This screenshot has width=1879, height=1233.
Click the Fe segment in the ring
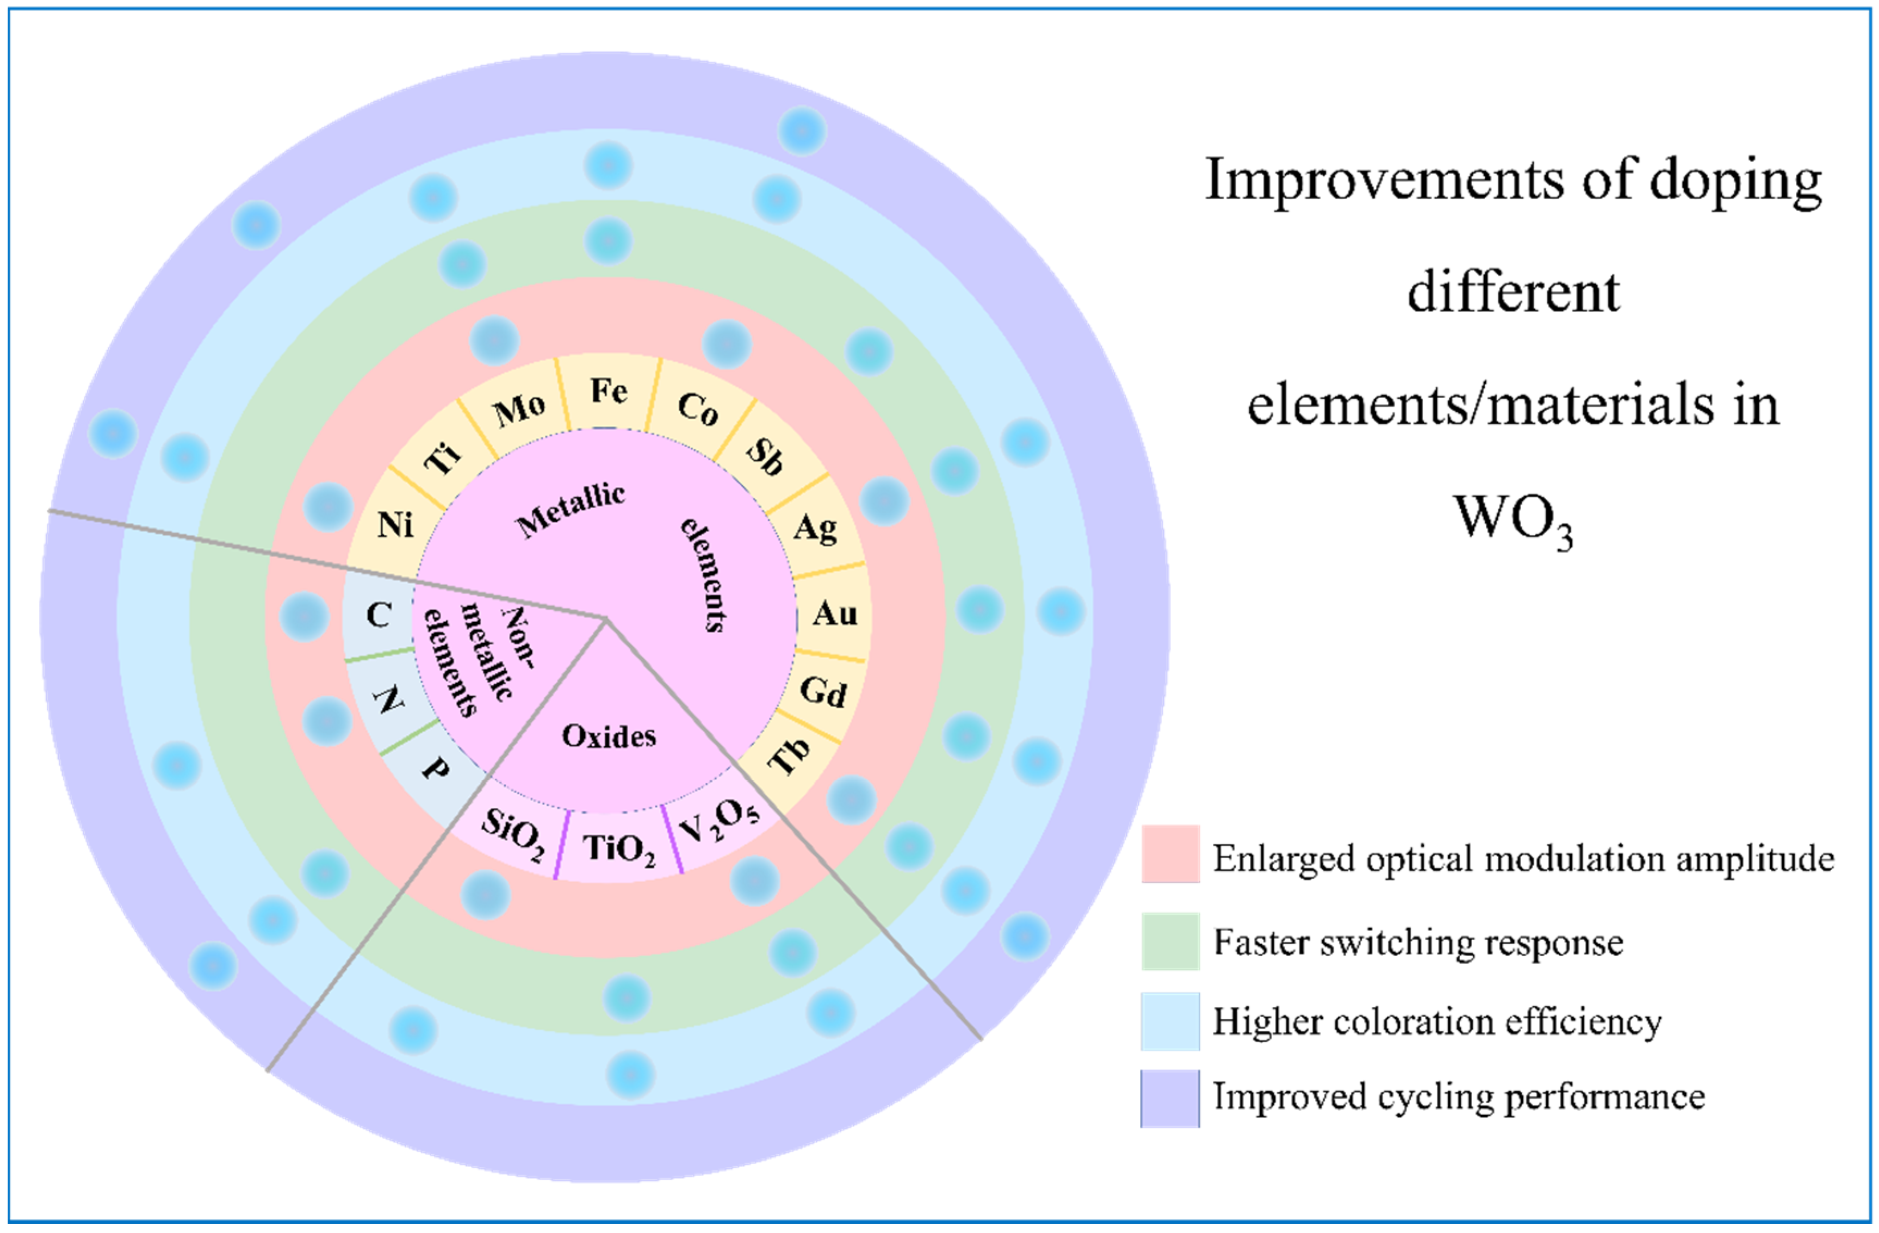point(609,392)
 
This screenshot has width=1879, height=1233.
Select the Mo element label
point(519,410)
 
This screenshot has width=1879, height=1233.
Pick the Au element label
point(834,614)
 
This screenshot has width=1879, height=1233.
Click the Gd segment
point(823,691)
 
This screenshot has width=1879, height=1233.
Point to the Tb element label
point(790,755)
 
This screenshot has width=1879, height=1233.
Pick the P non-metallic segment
point(435,768)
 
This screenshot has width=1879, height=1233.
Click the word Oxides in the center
point(609,736)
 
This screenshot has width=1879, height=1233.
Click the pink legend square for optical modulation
point(1170,854)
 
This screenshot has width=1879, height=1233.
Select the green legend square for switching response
point(1170,941)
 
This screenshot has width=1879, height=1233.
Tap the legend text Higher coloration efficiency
point(1437,1021)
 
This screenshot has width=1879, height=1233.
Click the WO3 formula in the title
point(1512,521)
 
